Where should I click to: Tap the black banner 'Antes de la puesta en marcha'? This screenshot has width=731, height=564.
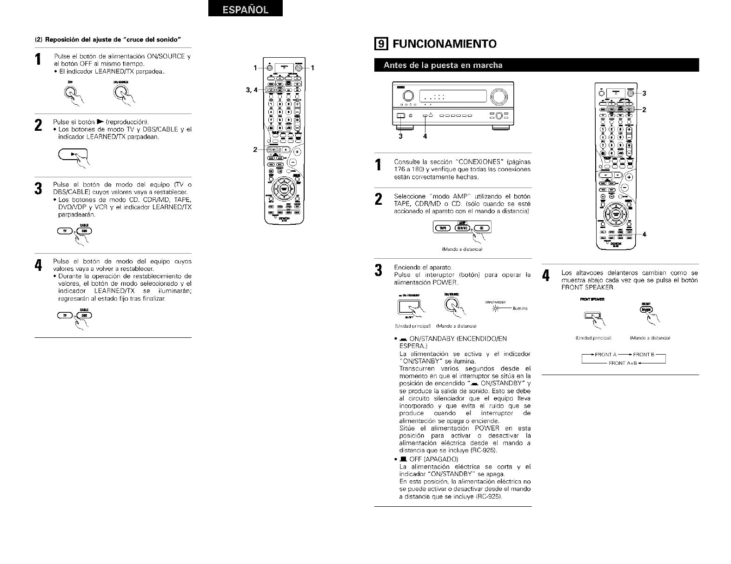point(443,65)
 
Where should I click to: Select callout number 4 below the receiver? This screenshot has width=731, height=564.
point(425,136)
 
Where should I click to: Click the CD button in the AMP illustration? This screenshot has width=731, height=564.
point(482,228)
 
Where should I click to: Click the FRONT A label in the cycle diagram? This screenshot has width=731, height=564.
point(605,355)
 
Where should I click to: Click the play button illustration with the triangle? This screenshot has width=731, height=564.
point(73,154)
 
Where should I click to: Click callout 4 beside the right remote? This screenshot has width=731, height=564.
point(644,234)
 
